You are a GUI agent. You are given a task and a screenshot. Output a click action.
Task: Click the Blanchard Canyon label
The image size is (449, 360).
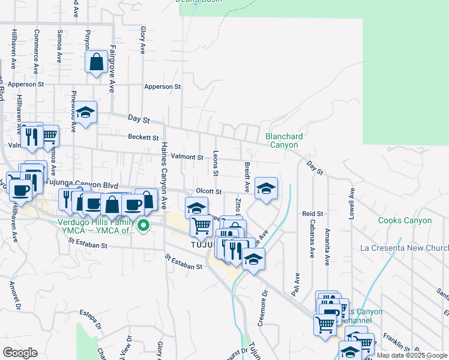tap(284, 140)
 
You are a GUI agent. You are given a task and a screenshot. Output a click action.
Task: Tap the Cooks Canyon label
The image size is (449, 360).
tap(405, 220)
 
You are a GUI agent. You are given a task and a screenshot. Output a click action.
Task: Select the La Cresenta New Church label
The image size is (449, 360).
tap(404, 248)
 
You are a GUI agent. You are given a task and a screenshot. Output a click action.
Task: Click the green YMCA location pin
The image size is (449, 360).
tap(143, 226)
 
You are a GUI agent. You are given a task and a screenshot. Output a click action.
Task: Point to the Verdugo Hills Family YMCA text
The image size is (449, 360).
tap(98, 225)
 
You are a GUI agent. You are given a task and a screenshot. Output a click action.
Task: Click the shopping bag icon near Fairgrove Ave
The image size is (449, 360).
tap(96, 62)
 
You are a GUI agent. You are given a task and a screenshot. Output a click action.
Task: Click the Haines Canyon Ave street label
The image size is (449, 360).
tap(162, 174)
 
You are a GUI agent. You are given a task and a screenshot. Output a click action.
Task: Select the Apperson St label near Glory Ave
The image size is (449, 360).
tap(162, 86)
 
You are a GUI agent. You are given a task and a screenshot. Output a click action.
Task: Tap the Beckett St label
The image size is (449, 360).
tap(143, 137)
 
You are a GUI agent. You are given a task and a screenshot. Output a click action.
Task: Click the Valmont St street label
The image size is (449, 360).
tap(187, 157)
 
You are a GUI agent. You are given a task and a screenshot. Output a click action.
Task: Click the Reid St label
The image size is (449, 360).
tap(312, 214)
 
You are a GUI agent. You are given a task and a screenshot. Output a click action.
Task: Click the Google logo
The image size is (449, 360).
tap(20, 352)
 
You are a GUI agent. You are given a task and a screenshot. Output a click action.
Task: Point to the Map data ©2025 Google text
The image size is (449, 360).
tap(412, 356)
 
